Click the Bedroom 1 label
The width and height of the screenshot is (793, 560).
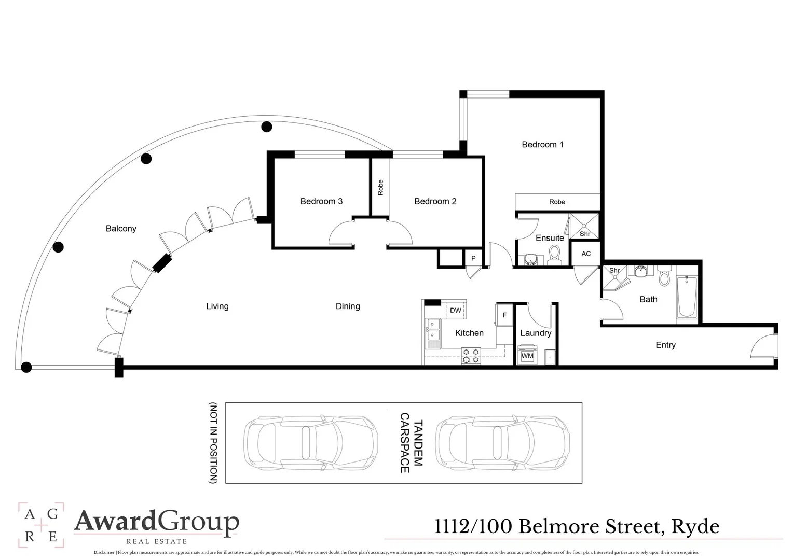[x=542, y=145]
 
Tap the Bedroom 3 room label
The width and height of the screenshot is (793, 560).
[x=321, y=201]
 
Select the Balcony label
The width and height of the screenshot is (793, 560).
[x=121, y=229]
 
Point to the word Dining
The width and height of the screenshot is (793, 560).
[x=348, y=306]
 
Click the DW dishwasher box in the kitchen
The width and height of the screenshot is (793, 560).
[x=456, y=311]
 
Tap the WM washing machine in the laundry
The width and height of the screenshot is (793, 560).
[x=527, y=356]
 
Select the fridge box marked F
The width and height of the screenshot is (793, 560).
[x=504, y=315]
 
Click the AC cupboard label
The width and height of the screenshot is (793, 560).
[x=586, y=254]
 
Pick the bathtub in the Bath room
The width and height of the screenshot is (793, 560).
[x=687, y=298]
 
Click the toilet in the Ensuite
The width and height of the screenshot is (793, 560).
[x=555, y=255]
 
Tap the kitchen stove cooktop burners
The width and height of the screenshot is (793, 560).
[x=471, y=356]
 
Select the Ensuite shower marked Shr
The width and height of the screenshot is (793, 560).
[x=584, y=227]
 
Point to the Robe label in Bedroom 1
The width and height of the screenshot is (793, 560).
[x=557, y=202]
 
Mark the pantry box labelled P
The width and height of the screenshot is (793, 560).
[x=473, y=258]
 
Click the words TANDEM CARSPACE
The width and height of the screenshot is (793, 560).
[x=412, y=443]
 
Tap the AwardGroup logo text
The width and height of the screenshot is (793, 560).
[x=157, y=522]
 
